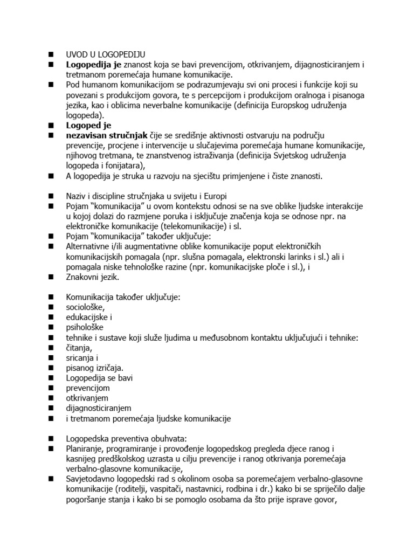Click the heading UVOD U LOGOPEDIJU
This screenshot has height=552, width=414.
click(106, 54)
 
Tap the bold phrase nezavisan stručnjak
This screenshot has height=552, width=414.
click(101, 135)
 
